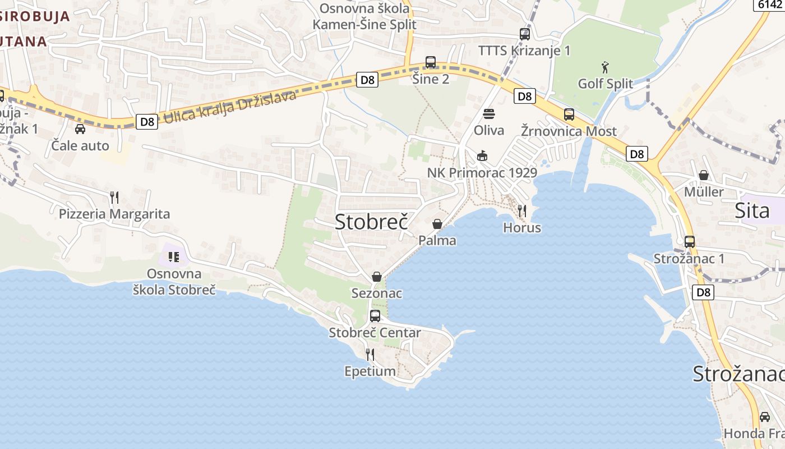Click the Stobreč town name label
371,222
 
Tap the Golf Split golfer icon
605,68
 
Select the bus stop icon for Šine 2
431,62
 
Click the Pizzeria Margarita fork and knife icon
114,197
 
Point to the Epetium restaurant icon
370,354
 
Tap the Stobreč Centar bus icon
375,316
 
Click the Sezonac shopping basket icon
377,277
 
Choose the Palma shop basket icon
437,224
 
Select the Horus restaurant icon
522,210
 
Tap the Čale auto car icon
80,129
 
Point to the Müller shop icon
704,175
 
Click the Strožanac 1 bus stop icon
690,242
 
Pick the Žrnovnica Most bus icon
569,114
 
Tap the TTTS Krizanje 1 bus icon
525,34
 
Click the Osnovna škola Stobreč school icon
174,257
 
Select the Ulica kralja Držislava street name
229,107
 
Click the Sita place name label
752,211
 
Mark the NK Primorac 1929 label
482,173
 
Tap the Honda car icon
765,416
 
